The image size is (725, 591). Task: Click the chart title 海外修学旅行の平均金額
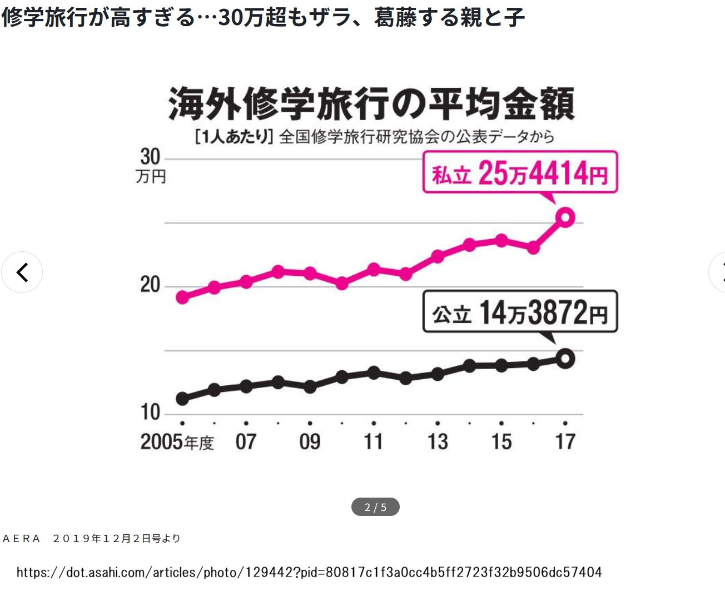[371, 104]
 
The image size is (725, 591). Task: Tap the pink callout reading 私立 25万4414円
[520, 173]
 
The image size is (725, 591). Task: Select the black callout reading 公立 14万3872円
[520, 312]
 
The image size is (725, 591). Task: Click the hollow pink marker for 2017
[565, 217]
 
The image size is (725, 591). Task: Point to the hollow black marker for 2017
[565, 359]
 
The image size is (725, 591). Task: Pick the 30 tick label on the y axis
[150, 157]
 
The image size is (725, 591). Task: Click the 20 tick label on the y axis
[150, 285]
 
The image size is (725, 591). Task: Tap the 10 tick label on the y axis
[150, 412]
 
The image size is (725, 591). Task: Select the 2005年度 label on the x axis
[177, 442]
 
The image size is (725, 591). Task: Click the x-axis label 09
[310, 442]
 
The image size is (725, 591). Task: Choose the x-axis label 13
[438, 442]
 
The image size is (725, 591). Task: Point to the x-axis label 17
[565, 442]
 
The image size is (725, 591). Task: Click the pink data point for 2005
[182, 297]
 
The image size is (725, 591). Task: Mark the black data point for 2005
[182, 398]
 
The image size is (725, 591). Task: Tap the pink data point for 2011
[374, 270]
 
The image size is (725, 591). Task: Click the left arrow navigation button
[22, 272]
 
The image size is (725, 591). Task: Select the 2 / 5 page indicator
[375, 507]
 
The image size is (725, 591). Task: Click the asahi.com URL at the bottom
[309, 572]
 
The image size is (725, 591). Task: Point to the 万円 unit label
[151, 177]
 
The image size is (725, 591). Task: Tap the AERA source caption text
[92, 538]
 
